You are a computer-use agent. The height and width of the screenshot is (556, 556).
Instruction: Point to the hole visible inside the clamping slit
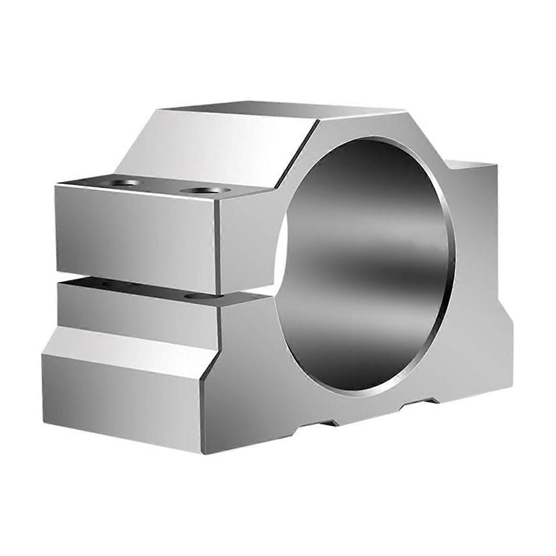click(192, 295)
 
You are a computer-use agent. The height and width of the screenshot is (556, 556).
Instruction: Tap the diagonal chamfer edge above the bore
click(297, 153)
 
